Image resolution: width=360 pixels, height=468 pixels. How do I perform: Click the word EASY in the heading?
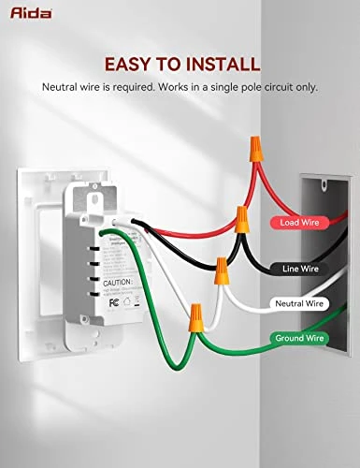click(x=131, y=65)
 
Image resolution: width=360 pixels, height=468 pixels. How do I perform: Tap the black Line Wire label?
click(x=301, y=269)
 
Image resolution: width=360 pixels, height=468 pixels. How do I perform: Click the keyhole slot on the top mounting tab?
click(x=96, y=199)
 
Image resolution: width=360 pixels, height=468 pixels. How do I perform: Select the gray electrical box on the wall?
click(x=323, y=262)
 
